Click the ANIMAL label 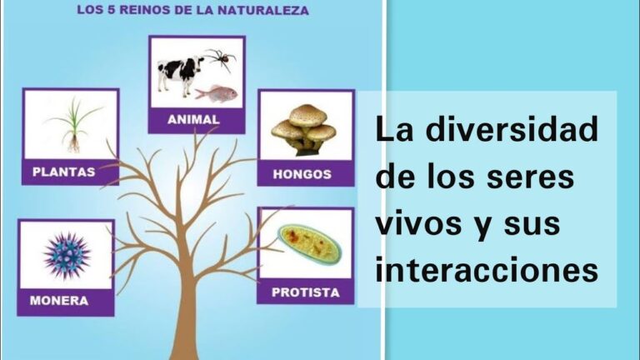coord(193,119)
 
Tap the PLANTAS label coord(63,172)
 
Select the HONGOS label coord(302,174)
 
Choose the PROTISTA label coord(305,292)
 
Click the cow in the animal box coord(179,72)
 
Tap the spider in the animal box coord(221,59)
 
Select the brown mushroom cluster coord(304,129)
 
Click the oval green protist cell coord(309,244)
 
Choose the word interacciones coord(487,270)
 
